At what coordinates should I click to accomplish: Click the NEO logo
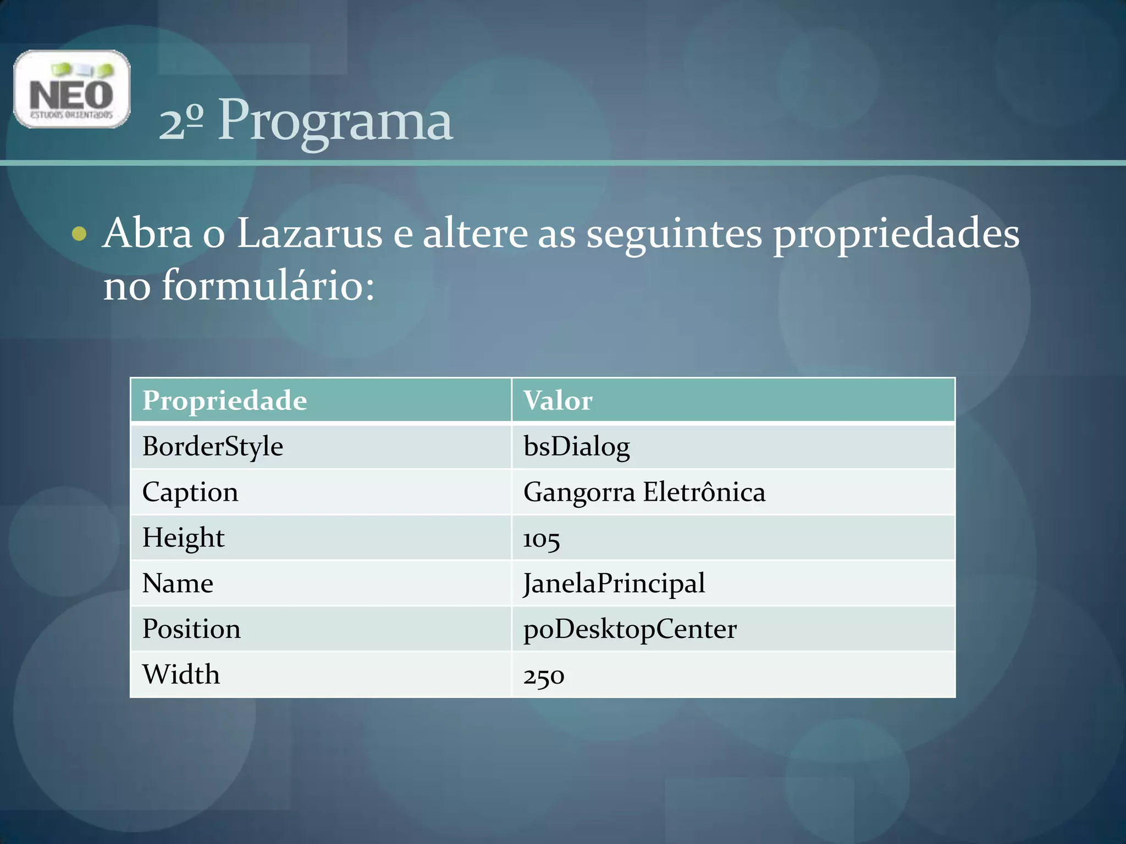(72, 89)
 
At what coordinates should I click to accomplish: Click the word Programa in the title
(335, 120)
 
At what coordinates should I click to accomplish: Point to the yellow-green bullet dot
(79, 234)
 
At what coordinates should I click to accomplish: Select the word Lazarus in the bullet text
(309, 234)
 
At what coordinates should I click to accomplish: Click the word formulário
(267, 286)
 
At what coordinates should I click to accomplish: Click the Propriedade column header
(224, 401)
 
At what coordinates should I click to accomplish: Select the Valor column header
(558, 401)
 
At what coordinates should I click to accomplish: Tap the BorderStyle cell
(212, 446)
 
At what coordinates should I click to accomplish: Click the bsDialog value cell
(576, 446)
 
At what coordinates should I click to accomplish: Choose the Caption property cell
(190, 492)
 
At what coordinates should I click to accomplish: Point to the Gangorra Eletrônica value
(644, 492)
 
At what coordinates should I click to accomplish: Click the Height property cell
(183, 537)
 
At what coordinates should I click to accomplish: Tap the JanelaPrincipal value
(614, 583)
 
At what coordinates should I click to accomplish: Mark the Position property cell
(191, 629)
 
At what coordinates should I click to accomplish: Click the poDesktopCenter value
(630, 629)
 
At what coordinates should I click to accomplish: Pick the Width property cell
(181, 674)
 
